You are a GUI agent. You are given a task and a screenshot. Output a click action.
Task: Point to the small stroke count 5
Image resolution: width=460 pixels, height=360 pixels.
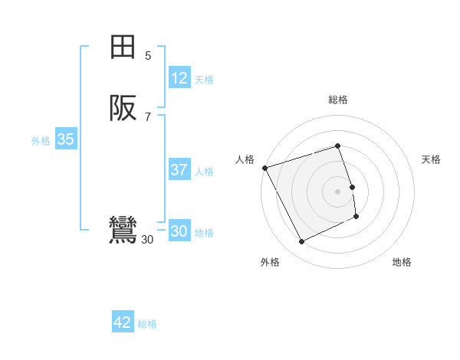pyautogui.click(x=148, y=55)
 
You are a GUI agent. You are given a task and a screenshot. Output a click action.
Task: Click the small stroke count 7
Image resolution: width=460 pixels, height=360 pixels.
pyautogui.click(x=148, y=116)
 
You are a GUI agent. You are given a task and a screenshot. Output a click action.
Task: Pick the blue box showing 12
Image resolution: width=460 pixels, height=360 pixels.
pyautogui.click(x=179, y=78)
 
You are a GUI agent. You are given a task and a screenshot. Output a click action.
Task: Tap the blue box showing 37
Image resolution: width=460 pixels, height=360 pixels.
pyautogui.click(x=179, y=170)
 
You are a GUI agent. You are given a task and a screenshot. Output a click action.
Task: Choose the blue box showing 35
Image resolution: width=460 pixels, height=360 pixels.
pyautogui.click(x=65, y=139)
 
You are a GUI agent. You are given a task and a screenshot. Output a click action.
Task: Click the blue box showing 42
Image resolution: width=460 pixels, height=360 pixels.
pyautogui.click(x=123, y=322)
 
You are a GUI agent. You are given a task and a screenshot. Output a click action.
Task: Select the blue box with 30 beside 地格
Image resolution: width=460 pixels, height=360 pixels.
pyautogui.click(x=179, y=231)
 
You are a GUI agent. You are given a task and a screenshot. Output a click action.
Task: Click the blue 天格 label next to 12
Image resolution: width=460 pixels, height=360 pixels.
pyautogui.click(x=204, y=80)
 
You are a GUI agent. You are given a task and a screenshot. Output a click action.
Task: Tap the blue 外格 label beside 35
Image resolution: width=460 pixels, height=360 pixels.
pyautogui.click(x=41, y=141)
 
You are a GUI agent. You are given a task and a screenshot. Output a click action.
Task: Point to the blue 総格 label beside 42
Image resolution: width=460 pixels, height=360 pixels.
pyautogui.click(x=147, y=324)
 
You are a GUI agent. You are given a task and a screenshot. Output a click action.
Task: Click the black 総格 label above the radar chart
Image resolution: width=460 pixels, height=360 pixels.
pyautogui.click(x=338, y=100)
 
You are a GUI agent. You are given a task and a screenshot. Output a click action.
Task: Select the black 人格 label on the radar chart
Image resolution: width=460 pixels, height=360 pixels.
pyautogui.click(x=245, y=159)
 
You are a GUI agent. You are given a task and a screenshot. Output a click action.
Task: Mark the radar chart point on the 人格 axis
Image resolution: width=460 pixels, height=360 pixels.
pyautogui.click(x=264, y=168)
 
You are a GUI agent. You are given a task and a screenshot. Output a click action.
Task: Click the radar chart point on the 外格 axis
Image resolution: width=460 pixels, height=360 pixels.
pyautogui.click(x=302, y=242)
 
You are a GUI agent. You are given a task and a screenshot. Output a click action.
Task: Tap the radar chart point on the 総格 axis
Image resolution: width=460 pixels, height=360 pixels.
pyautogui.click(x=338, y=146)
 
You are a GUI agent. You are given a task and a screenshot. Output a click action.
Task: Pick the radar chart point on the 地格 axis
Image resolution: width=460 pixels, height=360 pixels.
pyautogui.click(x=357, y=217)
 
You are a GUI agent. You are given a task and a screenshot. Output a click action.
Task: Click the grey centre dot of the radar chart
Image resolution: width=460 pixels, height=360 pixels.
pyautogui.click(x=338, y=191)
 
